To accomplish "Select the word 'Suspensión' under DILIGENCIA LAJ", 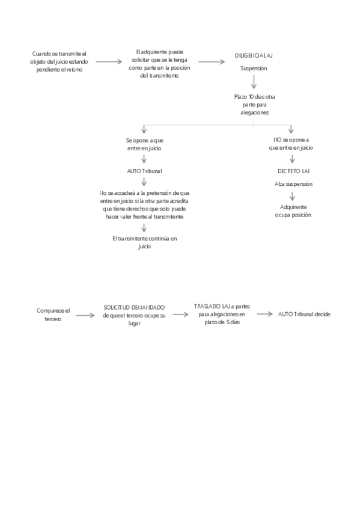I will point(254,69).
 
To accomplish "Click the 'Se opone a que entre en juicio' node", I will point(144,144).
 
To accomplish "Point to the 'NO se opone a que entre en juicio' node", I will point(291,144).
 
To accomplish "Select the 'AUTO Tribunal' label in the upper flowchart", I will point(144,171).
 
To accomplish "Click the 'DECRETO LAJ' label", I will point(293,171).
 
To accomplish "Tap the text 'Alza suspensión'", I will point(293,183).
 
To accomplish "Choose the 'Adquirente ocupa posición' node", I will point(293,210).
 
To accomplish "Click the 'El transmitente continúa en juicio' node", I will point(144,242).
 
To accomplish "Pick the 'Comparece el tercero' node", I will point(53,315).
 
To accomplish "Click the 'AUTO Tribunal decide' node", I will point(305,315).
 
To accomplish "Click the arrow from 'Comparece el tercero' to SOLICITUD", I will point(85,315).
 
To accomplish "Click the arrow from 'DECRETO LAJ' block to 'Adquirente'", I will point(291,196).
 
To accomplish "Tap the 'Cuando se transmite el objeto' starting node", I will point(59,61).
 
